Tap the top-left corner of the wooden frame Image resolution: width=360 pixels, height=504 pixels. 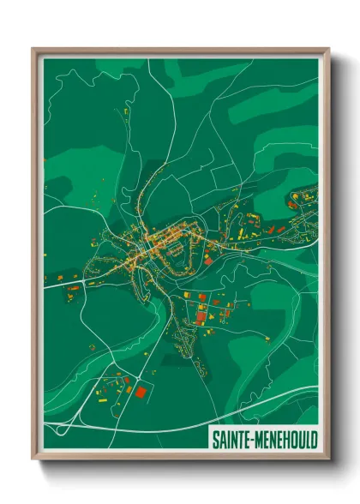[x=33, y=49]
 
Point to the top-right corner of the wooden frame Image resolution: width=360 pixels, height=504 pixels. [x=328, y=49]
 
